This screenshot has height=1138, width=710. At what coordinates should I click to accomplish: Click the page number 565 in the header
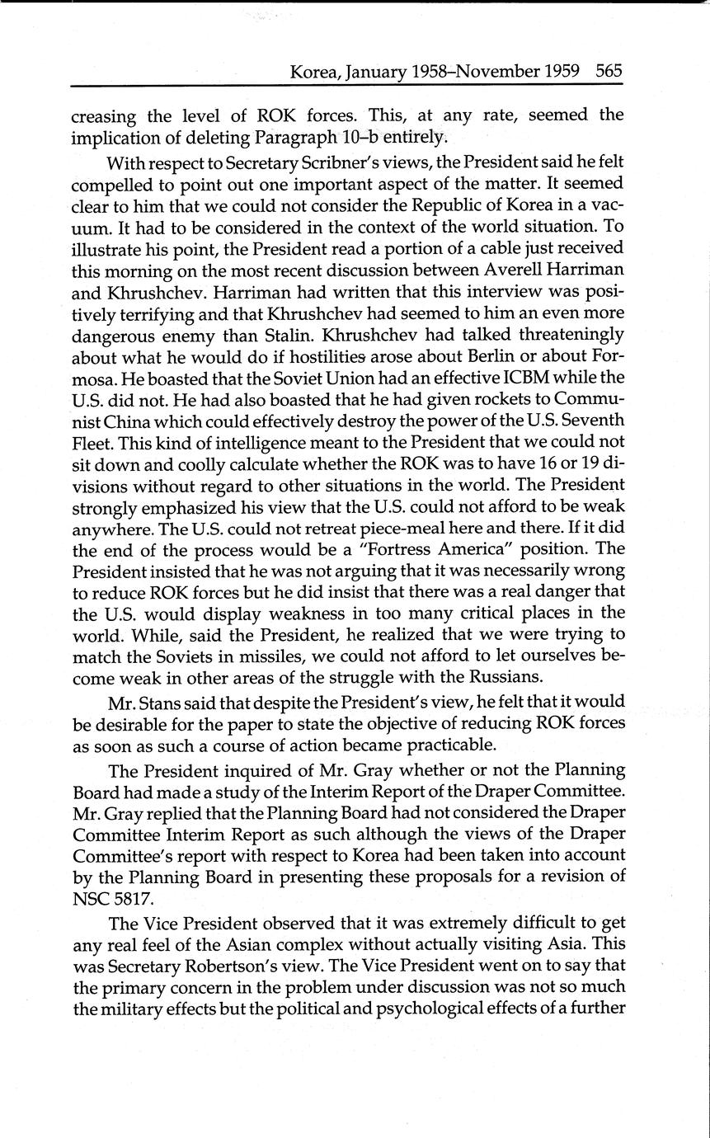click(609, 71)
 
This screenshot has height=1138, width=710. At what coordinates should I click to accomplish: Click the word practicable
click(444, 745)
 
